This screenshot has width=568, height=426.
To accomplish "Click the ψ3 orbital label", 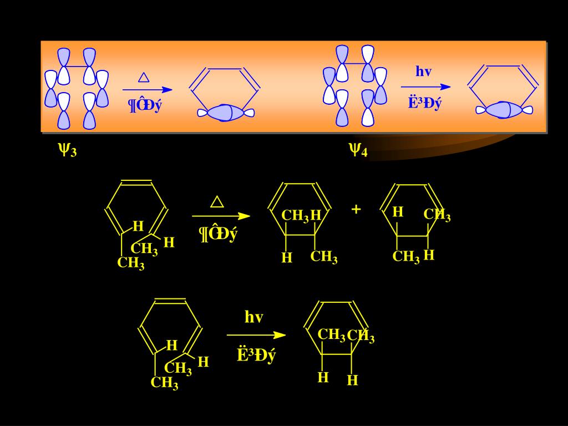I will [x=67, y=149].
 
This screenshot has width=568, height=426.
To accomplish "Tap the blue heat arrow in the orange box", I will [x=147, y=89].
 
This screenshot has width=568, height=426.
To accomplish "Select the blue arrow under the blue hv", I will [x=425, y=87].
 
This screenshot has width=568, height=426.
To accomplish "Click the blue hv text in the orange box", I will [x=423, y=72].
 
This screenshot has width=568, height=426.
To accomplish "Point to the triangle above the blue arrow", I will [x=144, y=77].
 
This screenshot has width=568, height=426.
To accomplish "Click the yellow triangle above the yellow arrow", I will [x=217, y=201].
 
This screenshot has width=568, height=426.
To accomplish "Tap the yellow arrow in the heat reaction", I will [x=221, y=216].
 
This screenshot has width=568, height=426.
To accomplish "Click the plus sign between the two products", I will [x=356, y=209].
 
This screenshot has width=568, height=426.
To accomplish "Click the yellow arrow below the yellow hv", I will [x=256, y=334].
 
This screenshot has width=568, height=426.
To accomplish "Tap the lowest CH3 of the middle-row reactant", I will [x=131, y=263].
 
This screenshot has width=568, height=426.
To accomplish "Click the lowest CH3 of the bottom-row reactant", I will [x=165, y=383].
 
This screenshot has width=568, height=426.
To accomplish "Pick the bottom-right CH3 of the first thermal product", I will [x=324, y=257].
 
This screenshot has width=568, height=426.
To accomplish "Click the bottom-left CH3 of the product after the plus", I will [x=406, y=257].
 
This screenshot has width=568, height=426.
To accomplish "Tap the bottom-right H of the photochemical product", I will [x=352, y=381].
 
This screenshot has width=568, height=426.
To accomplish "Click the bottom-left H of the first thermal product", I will [x=287, y=257].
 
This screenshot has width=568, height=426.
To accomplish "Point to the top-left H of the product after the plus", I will [x=398, y=212].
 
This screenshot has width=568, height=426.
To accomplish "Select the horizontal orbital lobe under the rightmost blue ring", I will [x=504, y=110].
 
